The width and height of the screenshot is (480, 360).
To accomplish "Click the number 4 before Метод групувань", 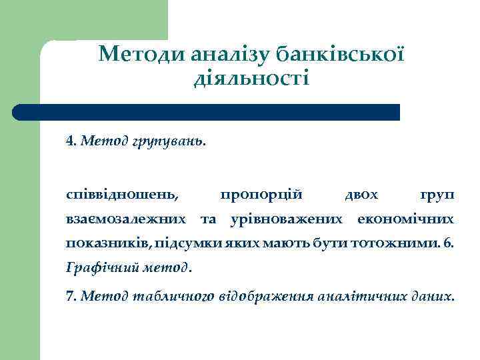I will click(70, 141).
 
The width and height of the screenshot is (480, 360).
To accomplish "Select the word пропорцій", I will click(261, 194).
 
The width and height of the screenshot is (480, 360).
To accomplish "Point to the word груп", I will click(437, 195).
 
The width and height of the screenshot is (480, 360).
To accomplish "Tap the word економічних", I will click(406, 219).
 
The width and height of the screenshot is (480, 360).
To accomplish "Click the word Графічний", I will click(103, 268).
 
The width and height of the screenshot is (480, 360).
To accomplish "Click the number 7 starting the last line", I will click(70, 295).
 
